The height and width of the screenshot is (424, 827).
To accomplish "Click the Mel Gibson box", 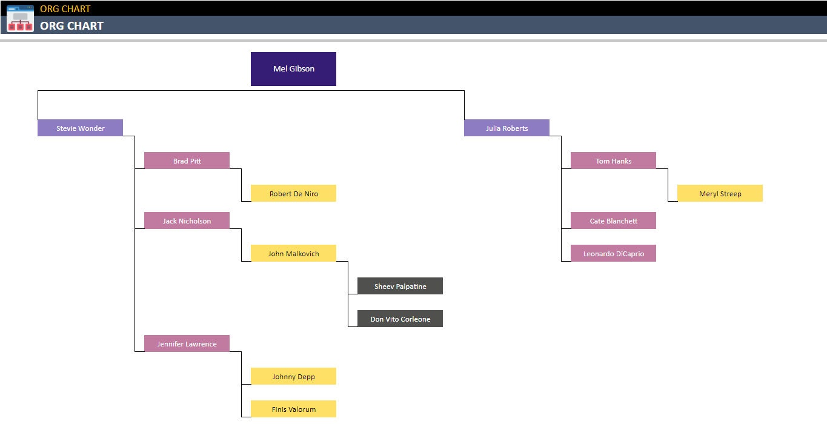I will point(293,69).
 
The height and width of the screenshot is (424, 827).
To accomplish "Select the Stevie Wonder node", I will point(80,128).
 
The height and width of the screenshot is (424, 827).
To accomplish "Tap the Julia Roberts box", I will point(506,128).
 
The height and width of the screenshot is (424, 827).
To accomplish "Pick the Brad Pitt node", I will point(187,161).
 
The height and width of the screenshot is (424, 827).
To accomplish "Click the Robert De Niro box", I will point(293,193).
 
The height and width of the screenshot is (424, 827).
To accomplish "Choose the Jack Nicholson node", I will point(187,220).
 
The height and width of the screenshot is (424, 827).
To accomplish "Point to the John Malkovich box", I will point(293,253).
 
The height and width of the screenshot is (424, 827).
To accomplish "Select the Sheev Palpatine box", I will point(400,286).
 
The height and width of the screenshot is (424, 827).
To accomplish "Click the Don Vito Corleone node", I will point(400,319).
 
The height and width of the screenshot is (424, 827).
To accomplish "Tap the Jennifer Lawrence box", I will point(187,343).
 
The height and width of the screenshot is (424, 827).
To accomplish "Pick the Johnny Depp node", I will point(293,376).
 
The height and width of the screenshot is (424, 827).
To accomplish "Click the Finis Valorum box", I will point(293,409).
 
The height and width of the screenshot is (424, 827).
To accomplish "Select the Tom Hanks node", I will point(613,161).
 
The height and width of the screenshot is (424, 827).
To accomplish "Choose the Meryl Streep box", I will point(720,193).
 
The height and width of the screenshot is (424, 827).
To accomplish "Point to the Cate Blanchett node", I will point(613,220).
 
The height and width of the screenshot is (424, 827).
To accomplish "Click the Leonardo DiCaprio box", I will point(613,253).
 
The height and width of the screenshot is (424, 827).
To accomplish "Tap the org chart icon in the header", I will point(20,18).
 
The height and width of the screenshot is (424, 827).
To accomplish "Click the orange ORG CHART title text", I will point(65,8).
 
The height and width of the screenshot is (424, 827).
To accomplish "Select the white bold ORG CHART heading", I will point(71,25).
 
